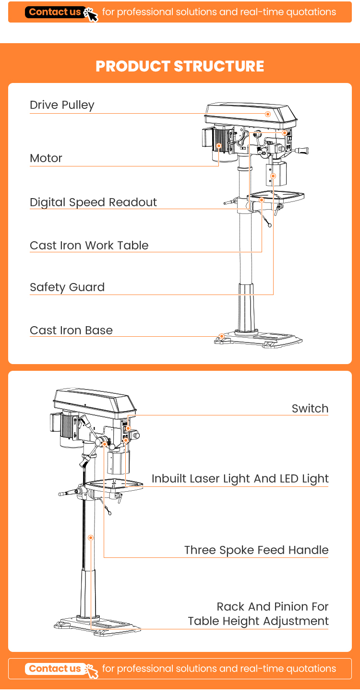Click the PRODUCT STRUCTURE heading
pyautogui.click(x=180, y=66)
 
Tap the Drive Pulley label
pyautogui.click(x=62, y=105)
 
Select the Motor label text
pyautogui.click(x=46, y=158)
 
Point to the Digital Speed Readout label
pyautogui.click(x=93, y=202)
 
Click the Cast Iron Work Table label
pyautogui.click(x=89, y=246)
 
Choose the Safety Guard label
pyautogui.click(x=67, y=287)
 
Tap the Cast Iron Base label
pyautogui.click(x=71, y=331)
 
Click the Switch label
pyautogui.click(x=310, y=409)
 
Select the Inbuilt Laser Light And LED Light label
pyautogui.click(x=240, y=479)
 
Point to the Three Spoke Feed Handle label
pyautogui.click(x=256, y=550)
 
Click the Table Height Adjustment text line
pyautogui.click(x=258, y=621)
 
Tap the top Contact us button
pyautogui.click(x=55, y=12)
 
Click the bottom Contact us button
pyautogui.click(x=55, y=669)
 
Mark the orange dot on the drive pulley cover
pyautogui.click(x=268, y=114)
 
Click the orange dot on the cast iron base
pyautogui.click(x=222, y=336)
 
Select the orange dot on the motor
pyautogui.click(x=219, y=145)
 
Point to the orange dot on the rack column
pyautogui.click(x=90, y=538)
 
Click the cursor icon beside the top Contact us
pyautogui.click(x=91, y=14)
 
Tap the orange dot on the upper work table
pyautogui.click(x=262, y=199)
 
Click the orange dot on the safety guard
pyautogui.click(x=273, y=176)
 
